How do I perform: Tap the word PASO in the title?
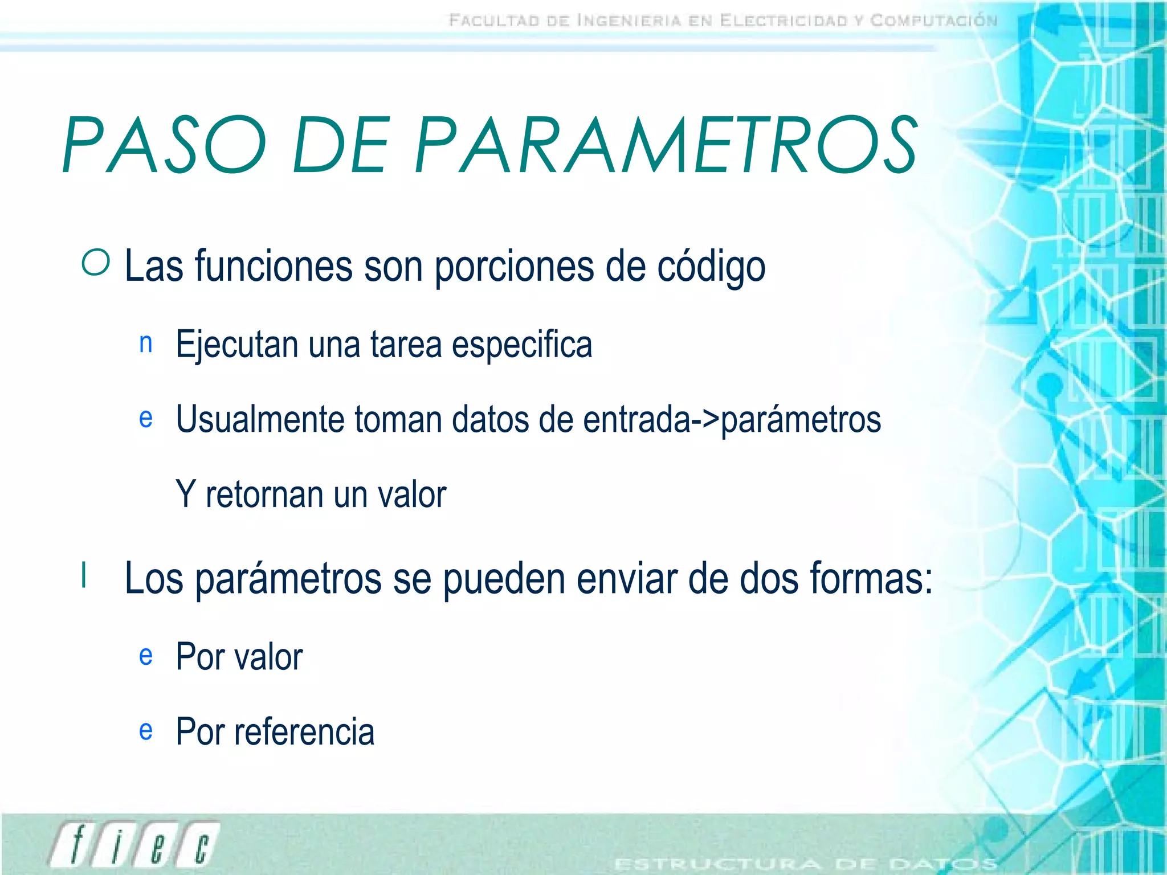pos(165,145)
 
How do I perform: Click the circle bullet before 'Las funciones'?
pos(96,264)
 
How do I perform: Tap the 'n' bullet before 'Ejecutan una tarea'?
pos(146,343)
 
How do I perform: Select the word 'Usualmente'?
pos(260,419)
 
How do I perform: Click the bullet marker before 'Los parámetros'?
pos(84,575)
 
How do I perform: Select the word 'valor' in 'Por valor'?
pos(268,657)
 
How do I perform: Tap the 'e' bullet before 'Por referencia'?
pos(146,730)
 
